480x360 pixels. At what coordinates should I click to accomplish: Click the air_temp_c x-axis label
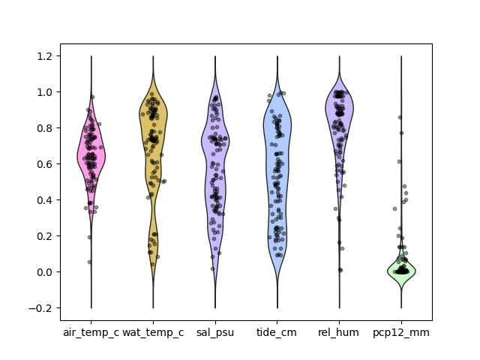pos(91,333)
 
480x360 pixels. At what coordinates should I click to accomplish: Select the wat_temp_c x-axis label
pos(153,333)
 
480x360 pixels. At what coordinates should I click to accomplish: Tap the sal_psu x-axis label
pos(215,333)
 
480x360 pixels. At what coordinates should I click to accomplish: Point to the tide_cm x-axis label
pos(277,333)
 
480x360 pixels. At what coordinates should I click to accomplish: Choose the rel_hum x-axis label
pos(338,333)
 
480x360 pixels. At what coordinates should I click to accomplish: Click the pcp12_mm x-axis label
pos(401,333)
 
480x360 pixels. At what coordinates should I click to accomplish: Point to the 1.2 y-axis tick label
pos(44,56)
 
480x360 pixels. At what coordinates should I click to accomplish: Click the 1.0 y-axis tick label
pos(44,92)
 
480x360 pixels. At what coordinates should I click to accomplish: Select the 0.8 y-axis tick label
pos(44,128)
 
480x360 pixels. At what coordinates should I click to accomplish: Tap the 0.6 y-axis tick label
pos(44,164)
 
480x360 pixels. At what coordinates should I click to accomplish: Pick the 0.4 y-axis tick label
pos(44,200)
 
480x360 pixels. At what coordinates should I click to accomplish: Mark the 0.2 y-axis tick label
pos(44,236)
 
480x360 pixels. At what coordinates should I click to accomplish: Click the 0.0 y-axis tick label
pos(44,272)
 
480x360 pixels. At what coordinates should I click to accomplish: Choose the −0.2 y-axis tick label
pos(40,308)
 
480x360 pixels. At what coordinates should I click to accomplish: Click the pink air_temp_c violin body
pos(91,156)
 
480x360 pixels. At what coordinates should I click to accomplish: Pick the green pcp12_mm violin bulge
pos(401,271)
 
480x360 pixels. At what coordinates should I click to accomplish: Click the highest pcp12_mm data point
pos(400,117)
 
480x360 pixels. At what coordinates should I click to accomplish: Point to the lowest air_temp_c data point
pos(89,262)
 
